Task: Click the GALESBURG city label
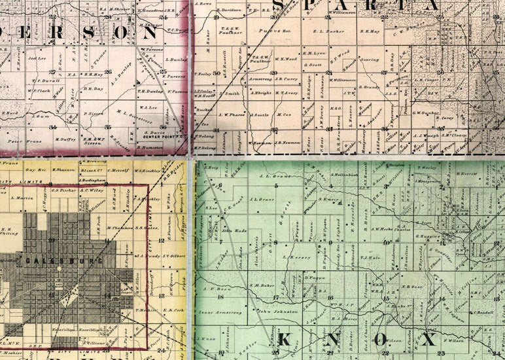tap(65, 261)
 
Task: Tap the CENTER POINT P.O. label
tap(163, 137)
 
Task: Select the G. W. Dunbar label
tap(426, 113)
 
